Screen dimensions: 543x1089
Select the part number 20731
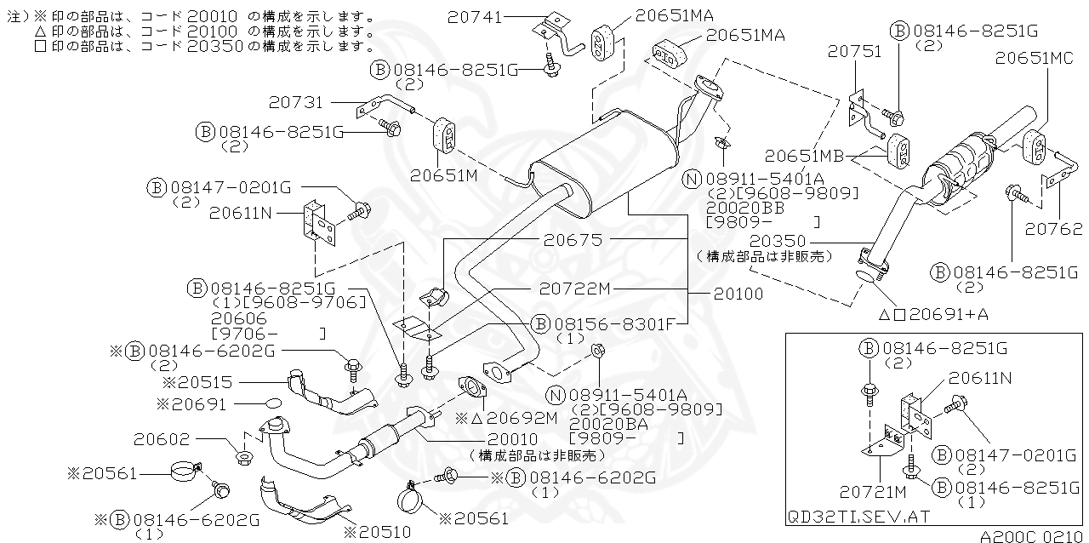(x=295, y=102)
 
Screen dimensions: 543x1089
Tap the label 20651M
(x=443, y=176)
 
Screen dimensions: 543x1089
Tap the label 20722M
(x=575, y=289)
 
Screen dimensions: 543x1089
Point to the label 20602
(x=161, y=439)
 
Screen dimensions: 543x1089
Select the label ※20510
(x=376, y=531)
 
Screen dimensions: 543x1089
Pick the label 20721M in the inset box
(x=873, y=491)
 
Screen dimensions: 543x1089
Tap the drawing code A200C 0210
(x=1032, y=536)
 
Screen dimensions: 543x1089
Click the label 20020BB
(x=743, y=207)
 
